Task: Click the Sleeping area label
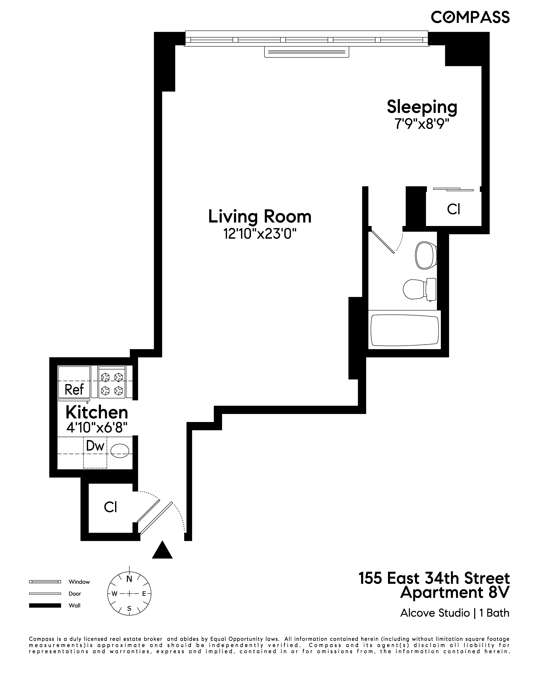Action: click(422, 107)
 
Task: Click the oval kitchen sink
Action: click(120, 451)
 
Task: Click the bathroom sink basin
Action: click(426, 256)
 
